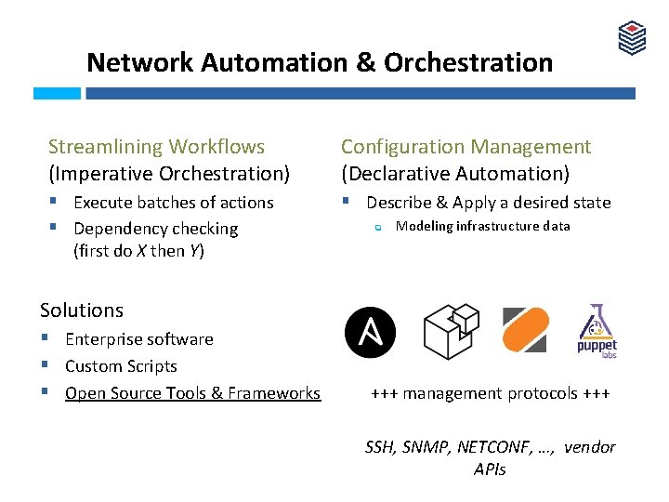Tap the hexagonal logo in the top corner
(632, 38)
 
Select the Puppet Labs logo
(597, 332)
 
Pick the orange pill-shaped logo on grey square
(525, 330)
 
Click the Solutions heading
(82, 310)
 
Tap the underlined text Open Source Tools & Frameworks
(192, 393)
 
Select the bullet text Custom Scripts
(121, 366)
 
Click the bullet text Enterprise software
(139, 339)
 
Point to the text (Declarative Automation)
(455, 174)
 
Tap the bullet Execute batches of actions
(173, 203)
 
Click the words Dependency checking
(155, 229)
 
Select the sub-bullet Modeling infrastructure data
(482, 226)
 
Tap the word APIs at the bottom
(490, 469)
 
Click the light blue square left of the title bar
(57, 94)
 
